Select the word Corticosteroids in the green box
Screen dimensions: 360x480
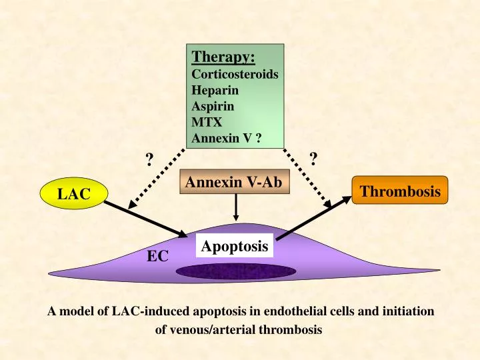pos(234,74)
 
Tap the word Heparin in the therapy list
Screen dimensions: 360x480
pos(215,90)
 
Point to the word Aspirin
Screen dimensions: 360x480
pos(213,106)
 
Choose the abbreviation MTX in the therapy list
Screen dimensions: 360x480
pos(205,123)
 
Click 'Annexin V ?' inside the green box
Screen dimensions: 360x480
pos(225,139)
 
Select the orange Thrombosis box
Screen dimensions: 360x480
pos(400,191)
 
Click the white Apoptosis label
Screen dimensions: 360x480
pos(234,246)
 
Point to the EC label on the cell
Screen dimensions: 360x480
pos(158,255)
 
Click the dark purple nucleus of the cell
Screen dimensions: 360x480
pos(236,271)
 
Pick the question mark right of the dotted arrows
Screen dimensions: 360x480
pos(314,159)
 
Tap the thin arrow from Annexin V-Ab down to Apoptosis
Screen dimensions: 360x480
pos(235,210)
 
